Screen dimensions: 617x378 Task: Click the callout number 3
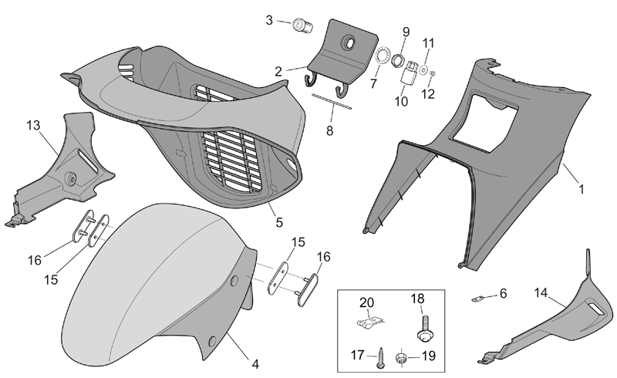[x=269, y=20]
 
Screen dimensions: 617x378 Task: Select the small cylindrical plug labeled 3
[x=302, y=25]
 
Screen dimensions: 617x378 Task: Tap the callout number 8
[x=330, y=130]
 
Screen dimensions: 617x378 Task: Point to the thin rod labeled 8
[x=332, y=100]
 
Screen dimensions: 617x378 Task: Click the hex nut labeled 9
[x=398, y=60]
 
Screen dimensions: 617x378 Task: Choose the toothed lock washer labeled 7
[x=382, y=55]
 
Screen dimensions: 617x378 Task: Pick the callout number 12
[x=428, y=93]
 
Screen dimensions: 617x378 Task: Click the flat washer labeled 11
[x=423, y=69]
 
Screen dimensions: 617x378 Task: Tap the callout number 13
[x=33, y=125]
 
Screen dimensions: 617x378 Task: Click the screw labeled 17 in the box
[x=380, y=357]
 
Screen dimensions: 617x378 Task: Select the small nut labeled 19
[x=401, y=358]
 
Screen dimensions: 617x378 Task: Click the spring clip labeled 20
[x=370, y=323]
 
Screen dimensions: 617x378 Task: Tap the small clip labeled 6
[x=477, y=299]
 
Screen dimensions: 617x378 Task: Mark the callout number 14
[x=541, y=292]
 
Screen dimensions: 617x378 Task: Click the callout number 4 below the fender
[x=255, y=364]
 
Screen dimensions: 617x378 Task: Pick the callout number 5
[x=279, y=222]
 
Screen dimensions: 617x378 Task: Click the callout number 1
[x=581, y=190]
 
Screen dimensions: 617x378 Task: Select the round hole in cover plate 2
[x=349, y=42]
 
